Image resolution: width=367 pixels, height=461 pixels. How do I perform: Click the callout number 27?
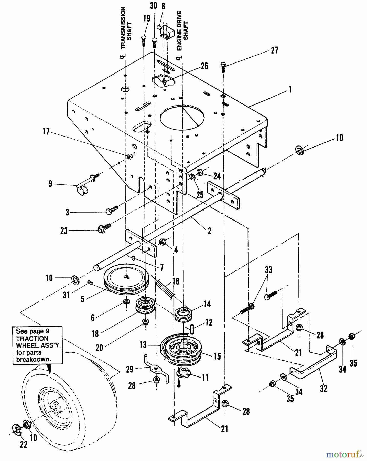[x=275, y=50]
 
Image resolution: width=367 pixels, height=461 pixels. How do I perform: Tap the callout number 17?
[x=46, y=132]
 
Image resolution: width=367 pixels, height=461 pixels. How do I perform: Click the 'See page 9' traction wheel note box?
[x=37, y=345]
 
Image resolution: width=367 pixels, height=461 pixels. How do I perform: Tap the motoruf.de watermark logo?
[x=345, y=455]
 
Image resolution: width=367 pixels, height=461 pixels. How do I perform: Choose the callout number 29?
[x=130, y=369]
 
